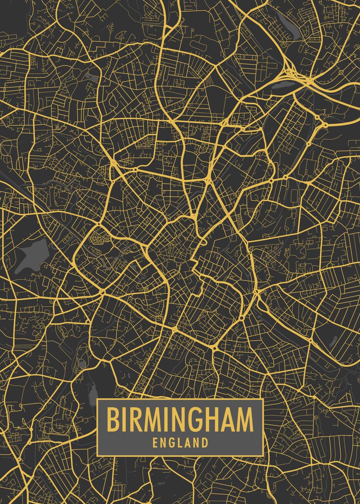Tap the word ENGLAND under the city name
click(x=180, y=443)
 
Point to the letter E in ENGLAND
click(x=155, y=443)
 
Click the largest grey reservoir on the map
click(x=34, y=255)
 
